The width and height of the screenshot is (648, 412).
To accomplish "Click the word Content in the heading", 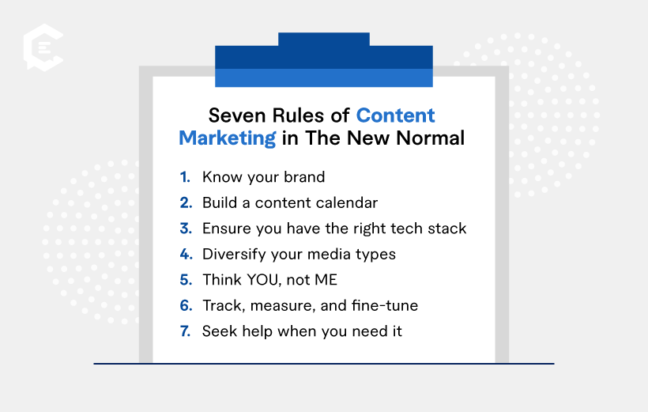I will point(395,115).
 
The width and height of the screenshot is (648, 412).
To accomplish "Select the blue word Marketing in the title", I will point(227,138).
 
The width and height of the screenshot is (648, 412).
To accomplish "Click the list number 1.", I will point(185,177).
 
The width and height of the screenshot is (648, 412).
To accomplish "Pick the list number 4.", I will point(186,254).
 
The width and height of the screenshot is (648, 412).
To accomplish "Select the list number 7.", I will point(186,331).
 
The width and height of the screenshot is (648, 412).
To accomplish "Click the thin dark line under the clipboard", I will point(324,364).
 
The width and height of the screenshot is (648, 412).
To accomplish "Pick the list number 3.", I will point(186,229).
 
